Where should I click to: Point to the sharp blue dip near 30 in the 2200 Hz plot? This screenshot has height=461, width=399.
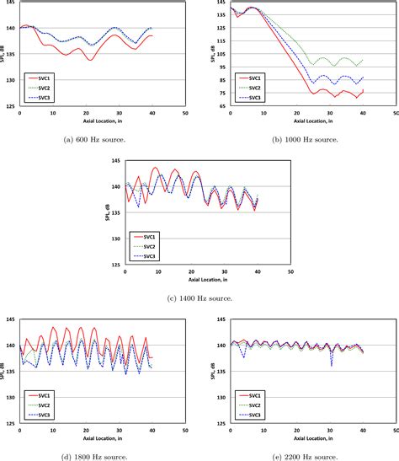coord(331,364)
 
